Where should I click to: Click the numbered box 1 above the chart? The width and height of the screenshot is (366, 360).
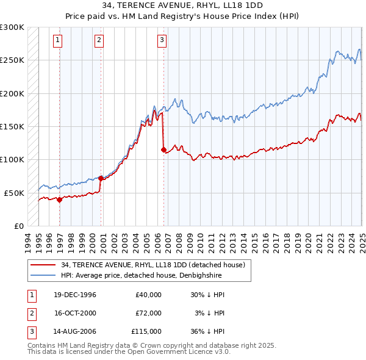pos(57,41)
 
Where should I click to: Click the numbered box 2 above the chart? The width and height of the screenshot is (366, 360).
pos(99,41)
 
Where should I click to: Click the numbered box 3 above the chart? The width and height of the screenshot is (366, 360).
pos(162,41)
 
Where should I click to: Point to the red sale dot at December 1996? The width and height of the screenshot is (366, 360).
pos(60,200)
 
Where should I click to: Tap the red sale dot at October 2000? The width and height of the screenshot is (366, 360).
pos(101,178)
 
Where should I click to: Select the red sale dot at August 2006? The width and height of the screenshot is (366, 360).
pos(163,149)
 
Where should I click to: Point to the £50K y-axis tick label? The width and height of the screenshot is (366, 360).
pos(14,193)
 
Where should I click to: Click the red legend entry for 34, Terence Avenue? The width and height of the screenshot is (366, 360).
pos(152,265)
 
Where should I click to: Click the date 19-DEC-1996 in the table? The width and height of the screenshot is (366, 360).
pos(75,295)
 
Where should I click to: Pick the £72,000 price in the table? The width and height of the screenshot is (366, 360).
pos(148,313)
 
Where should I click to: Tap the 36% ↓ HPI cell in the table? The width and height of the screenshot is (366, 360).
pos(208,332)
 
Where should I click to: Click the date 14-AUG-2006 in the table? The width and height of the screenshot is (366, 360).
pos(75,332)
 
